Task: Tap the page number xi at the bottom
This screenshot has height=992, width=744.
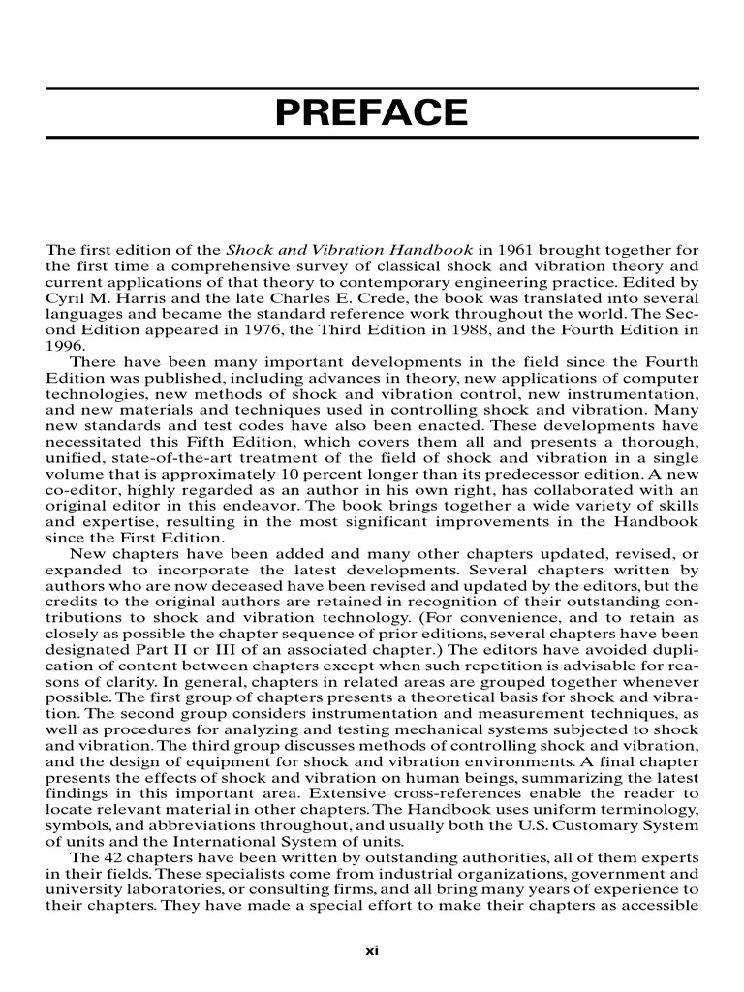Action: pos(372,950)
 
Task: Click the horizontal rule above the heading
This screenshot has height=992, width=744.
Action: pos(372,88)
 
